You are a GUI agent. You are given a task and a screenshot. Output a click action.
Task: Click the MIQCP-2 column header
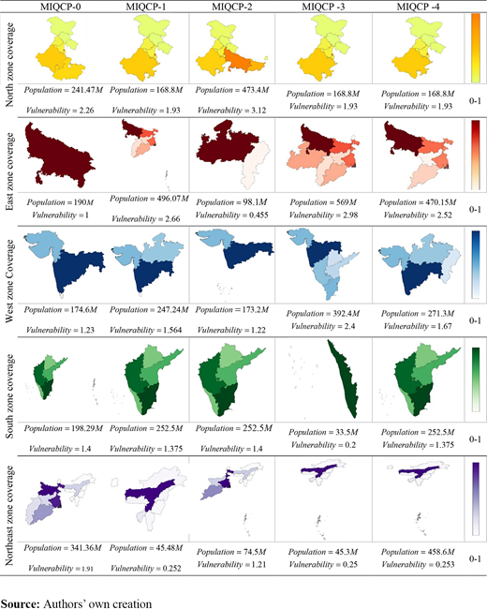point(231,7)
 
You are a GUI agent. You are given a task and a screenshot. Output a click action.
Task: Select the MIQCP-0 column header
point(61,7)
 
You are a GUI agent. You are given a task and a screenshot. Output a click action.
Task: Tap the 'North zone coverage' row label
point(9,65)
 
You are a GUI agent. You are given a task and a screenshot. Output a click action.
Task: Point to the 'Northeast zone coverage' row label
point(9,515)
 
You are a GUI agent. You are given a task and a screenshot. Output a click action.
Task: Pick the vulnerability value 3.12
point(256,111)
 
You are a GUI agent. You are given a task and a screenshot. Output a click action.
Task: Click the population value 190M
point(82,202)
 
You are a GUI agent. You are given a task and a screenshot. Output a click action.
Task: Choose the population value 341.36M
point(85,548)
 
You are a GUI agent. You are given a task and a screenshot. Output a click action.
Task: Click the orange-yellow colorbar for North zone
point(476,48)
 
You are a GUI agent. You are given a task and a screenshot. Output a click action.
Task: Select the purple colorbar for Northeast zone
point(476,499)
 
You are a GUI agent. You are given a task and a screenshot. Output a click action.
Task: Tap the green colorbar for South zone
point(476,379)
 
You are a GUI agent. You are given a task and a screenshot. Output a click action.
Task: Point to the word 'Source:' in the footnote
point(21,603)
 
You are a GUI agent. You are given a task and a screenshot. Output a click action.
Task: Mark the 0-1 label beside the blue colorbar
point(475,320)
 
